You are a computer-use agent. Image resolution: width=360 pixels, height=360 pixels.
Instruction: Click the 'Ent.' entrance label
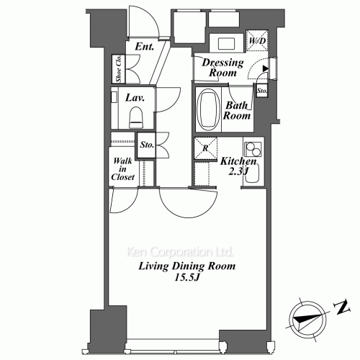(x=146, y=49)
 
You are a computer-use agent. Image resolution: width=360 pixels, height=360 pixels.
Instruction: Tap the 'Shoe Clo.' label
(x=117, y=70)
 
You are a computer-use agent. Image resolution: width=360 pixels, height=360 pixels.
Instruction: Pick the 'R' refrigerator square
(x=206, y=148)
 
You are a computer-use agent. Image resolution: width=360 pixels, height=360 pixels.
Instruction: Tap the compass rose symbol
(x=306, y=317)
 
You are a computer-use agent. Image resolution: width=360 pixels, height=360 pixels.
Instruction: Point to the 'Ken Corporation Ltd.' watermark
(x=179, y=253)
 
